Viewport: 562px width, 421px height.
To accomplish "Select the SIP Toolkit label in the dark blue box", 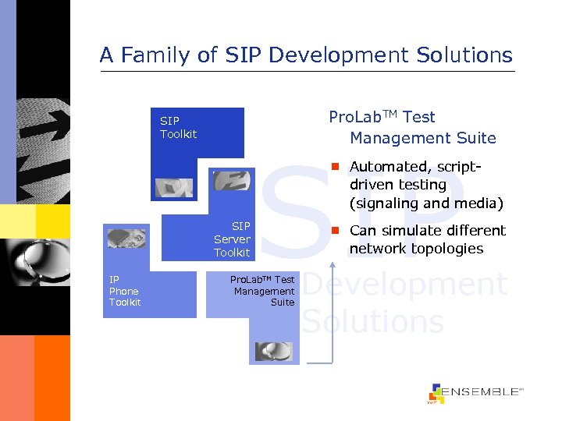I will point(178,127).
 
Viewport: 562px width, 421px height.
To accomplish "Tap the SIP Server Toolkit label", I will point(232,239).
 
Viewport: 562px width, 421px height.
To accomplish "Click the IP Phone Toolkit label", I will point(125,291).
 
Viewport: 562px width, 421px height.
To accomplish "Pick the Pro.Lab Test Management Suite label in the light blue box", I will point(263,291).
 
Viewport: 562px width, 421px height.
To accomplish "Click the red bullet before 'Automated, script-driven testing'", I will point(334,166).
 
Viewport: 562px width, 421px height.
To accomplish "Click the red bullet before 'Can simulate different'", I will point(334,230).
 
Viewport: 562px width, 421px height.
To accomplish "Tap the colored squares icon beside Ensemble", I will point(436,394).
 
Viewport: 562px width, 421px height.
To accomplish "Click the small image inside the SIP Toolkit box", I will point(173,188).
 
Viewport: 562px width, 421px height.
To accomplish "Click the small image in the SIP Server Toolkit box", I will point(230,181).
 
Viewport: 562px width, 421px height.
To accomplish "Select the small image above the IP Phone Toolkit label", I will point(126,239).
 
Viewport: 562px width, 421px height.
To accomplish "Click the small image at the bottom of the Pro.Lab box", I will point(273,352).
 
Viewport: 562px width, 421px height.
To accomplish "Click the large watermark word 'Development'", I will point(404,285).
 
